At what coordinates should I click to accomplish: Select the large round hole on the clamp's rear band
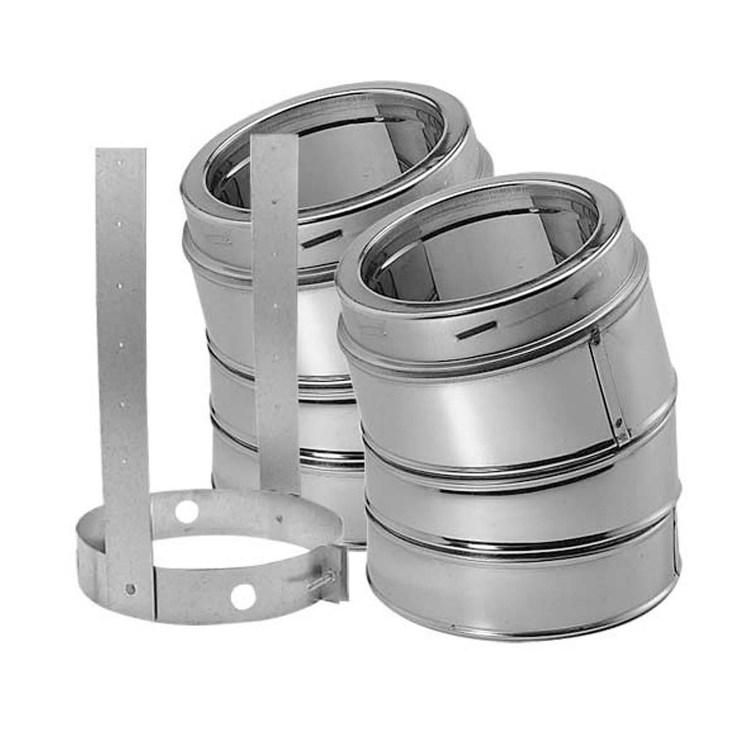click(186, 511)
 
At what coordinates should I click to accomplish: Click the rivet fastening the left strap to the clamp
click(129, 588)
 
